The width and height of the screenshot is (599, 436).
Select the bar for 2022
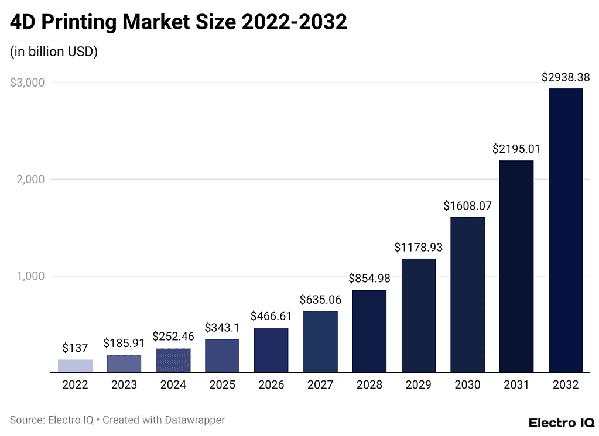[x=75, y=366]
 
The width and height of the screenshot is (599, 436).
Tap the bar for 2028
[x=369, y=331]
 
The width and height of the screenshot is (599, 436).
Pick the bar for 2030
[x=467, y=294]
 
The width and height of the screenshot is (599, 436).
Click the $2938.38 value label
[x=565, y=77]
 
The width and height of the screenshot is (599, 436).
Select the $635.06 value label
[x=320, y=300]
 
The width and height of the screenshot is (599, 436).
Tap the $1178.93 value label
[x=418, y=248]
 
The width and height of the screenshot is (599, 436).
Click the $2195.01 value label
[x=516, y=149]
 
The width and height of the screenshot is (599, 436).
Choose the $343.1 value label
[x=222, y=328]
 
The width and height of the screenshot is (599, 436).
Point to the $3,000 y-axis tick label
[x=28, y=83]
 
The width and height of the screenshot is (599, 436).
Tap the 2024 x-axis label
[x=173, y=385]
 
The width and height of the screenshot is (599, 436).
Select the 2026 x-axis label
[x=271, y=385]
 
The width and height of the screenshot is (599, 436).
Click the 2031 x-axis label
[x=516, y=385]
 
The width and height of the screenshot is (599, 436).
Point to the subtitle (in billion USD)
[x=54, y=52]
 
